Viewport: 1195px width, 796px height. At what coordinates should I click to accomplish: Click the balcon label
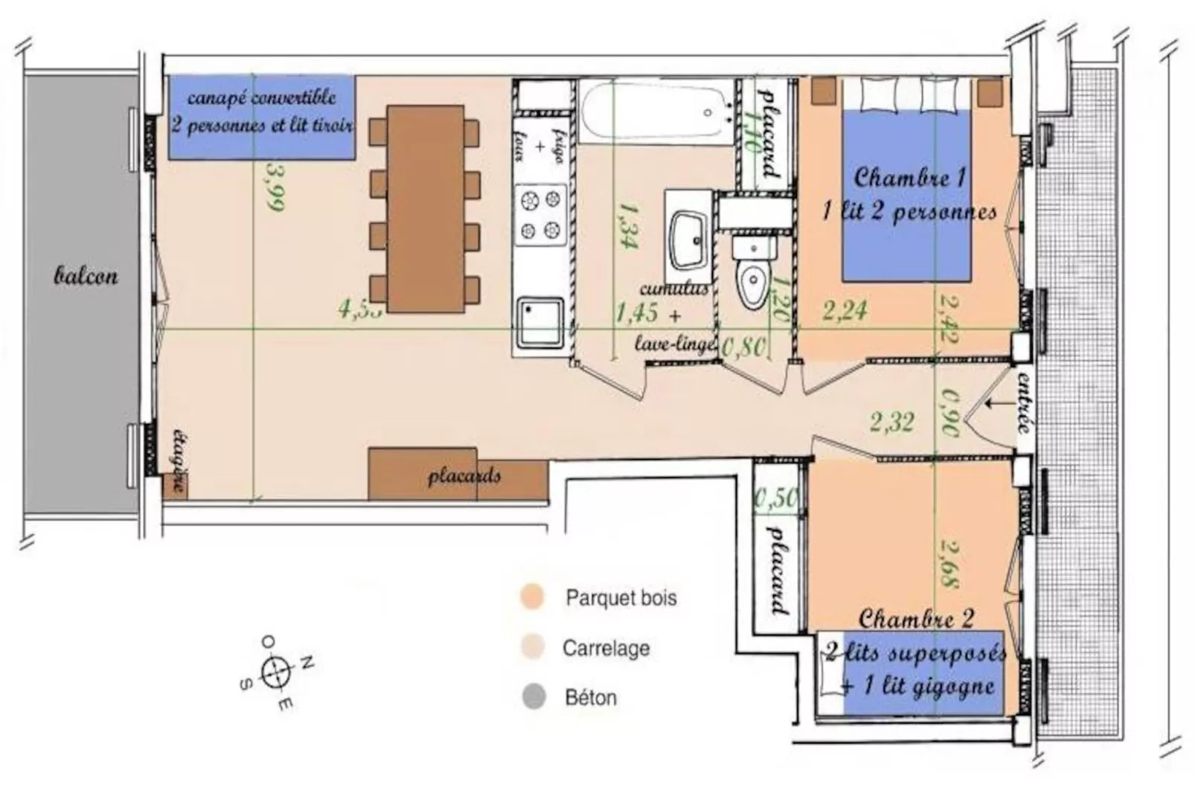tap(86, 276)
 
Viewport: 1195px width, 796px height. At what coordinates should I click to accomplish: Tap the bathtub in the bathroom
tap(655, 112)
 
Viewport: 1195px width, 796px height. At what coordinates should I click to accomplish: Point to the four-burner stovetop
tap(540, 214)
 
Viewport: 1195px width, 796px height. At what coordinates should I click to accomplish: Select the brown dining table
tap(426, 208)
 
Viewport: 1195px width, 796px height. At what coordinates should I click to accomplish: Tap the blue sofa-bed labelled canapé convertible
tap(261, 118)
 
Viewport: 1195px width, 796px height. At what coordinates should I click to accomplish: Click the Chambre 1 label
tap(909, 178)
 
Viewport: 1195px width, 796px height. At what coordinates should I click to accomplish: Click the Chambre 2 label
tap(915, 619)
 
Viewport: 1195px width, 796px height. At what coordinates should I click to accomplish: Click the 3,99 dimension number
tap(274, 186)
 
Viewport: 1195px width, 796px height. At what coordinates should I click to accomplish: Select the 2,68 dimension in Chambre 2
tap(949, 563)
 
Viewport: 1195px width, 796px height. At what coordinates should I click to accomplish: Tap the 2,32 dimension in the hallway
tap(891, 422)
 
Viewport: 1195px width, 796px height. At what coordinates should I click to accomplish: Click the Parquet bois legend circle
tap(533, 597)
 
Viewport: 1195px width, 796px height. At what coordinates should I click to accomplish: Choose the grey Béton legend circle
tap(534, 697)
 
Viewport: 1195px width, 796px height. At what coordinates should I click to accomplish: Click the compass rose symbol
tap(276, 671)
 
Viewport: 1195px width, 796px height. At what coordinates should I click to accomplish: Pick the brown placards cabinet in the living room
tap(458, 475)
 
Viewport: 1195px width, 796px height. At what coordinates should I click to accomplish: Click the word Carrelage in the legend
tap(606, 648)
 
